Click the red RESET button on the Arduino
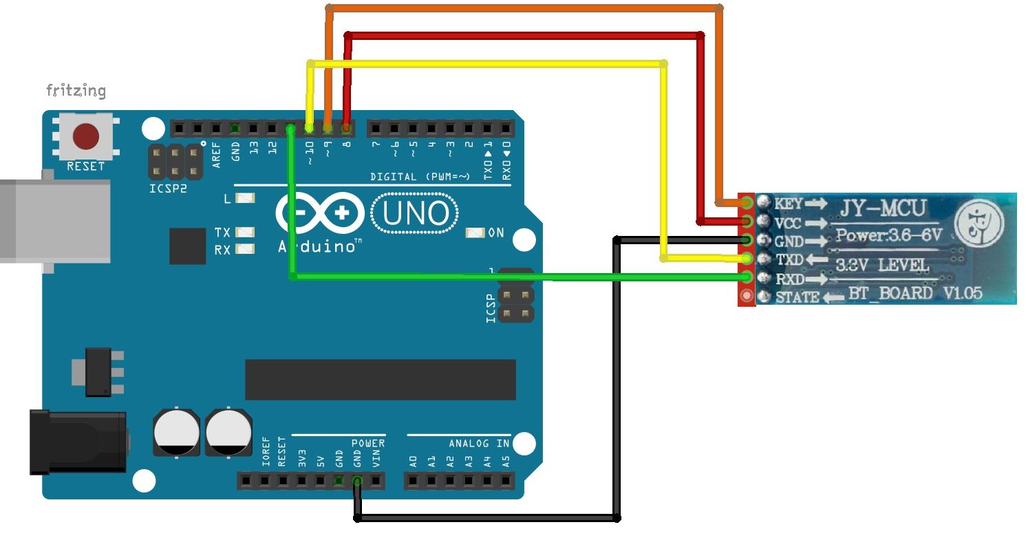[x=86, y=136]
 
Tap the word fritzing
[x=76, y=90]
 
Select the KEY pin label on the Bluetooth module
[x=788, y=204]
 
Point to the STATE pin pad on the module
[x=747, y=296]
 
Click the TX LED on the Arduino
[x=244, y=233]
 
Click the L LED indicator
[x=244, y=198]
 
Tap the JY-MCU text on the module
[x=883, y=207]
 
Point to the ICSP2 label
[x=168, y=188]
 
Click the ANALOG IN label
[x=480, y=444]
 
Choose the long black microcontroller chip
[x=380, y=379]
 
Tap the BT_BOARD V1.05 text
[x=915, y=294]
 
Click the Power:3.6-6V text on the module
[x=888, y=235]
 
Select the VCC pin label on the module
[x=788, y=223]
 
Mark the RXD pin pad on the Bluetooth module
[x=747, y=278]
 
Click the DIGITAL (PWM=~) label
[x=420, y=177]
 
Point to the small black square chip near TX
[x=187, y=246]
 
